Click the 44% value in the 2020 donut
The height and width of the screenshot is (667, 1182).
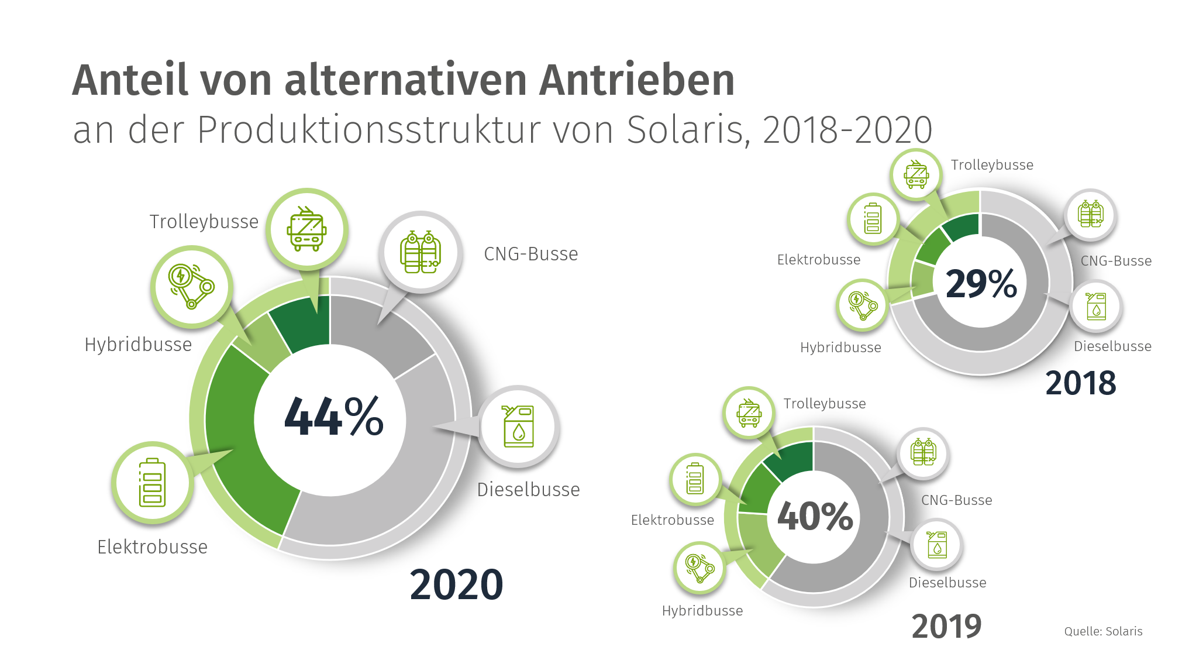click(333, 417)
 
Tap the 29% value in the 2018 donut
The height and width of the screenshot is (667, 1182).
click(981, 284)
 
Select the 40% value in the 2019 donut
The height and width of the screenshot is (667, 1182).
click(815, 516)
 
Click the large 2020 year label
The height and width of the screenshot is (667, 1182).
click(456, 585)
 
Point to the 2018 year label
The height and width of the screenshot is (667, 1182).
click(1080, 383)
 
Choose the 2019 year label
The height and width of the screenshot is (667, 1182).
click(946, 627)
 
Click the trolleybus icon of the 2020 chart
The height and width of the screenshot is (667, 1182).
click(306, 229)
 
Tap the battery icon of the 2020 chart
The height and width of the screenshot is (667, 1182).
click(152, 482)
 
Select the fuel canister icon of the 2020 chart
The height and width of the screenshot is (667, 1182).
click(519, 427)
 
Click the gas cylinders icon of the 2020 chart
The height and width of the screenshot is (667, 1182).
click(421, 252)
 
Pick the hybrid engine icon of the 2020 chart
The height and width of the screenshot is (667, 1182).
click(191, 286)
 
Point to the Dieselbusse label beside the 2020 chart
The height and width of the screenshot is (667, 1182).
click(528, 490)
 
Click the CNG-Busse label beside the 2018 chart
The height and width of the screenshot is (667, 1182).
click(1116, 261)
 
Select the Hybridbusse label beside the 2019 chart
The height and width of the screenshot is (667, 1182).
click(702, 611)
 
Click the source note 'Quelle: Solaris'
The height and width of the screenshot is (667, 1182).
click(1103, 631)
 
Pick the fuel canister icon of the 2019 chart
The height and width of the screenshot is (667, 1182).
click(937, 544)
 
